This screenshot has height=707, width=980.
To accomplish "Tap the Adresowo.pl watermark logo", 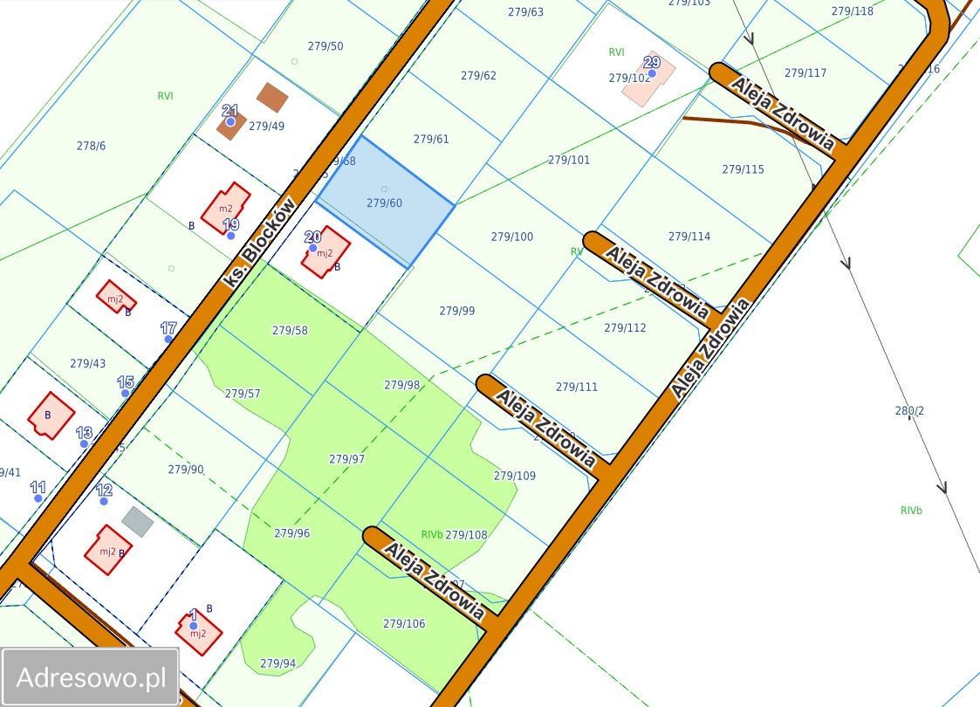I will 91,677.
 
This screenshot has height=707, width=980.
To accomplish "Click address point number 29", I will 651,73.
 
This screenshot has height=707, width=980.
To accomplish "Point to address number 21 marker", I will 230,121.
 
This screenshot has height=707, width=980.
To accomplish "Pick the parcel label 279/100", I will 511,237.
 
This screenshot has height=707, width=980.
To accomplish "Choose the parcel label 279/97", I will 346,458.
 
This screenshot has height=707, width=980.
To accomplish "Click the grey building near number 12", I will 137,521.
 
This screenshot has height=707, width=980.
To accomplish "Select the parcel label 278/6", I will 91,146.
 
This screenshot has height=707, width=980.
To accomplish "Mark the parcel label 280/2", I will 909,410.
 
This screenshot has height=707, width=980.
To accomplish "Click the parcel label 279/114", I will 689,236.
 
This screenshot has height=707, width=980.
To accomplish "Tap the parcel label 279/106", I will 404,623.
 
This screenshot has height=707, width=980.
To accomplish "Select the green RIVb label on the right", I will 910,511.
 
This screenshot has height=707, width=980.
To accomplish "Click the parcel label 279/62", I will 477,75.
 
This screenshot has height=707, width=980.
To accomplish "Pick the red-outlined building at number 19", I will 225,207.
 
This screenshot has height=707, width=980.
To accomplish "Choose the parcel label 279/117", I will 805,72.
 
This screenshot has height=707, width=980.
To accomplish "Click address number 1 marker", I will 193,625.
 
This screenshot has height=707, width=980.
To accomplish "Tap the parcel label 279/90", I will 185,469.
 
